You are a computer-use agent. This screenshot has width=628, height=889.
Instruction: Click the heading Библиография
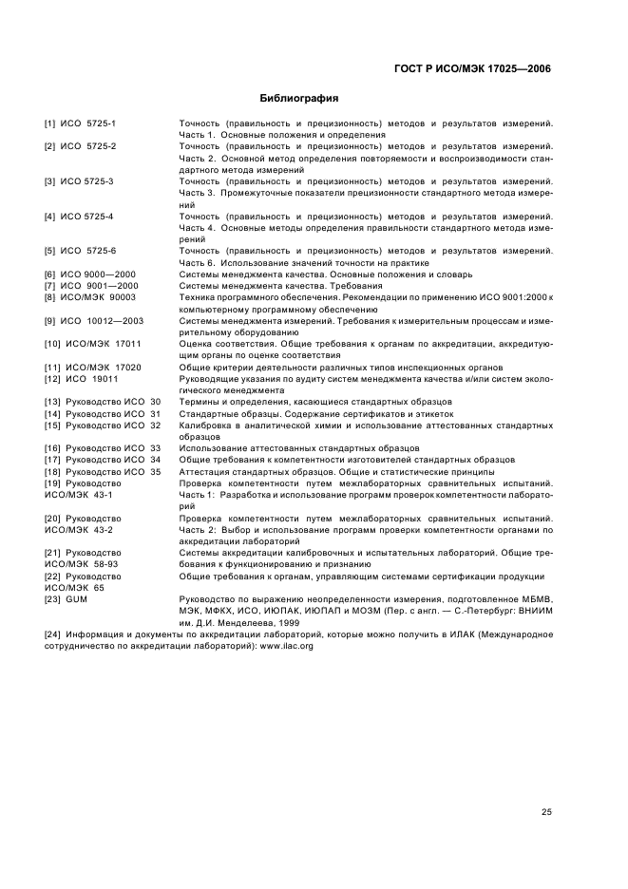(x=300, y=98)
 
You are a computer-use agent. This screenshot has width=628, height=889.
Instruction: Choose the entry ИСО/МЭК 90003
(x=97, y=297)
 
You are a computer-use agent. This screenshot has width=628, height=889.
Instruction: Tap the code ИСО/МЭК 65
(x=73, y=586)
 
